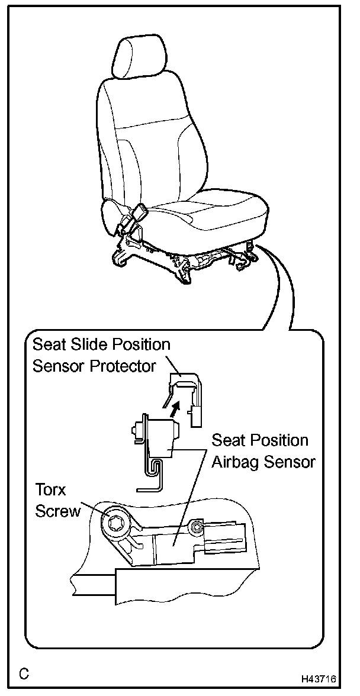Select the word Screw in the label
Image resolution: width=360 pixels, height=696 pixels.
pyautogui.click(x=57, y=511)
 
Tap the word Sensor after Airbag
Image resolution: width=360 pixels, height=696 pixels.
pyautogui.click(x=288, y=462)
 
